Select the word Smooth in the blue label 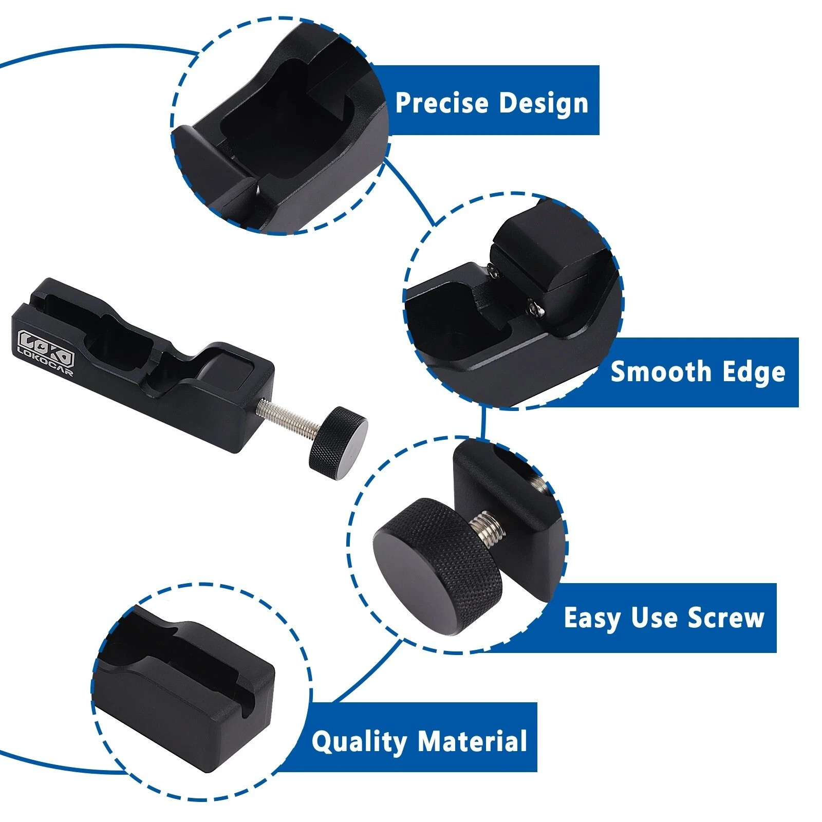pos(661,371)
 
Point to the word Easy pos(592,618)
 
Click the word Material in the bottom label pos(472,741)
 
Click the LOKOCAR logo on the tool pos(46,352)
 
